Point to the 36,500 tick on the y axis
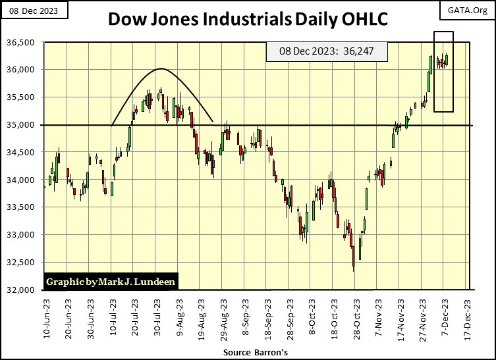[25, 43]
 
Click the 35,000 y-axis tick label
[25, 125]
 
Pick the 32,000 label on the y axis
[25, 290]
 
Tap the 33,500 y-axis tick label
[25, 207]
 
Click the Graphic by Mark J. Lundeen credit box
[111, 282]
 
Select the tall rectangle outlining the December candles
[443, 71]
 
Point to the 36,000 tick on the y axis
[25, 70]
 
